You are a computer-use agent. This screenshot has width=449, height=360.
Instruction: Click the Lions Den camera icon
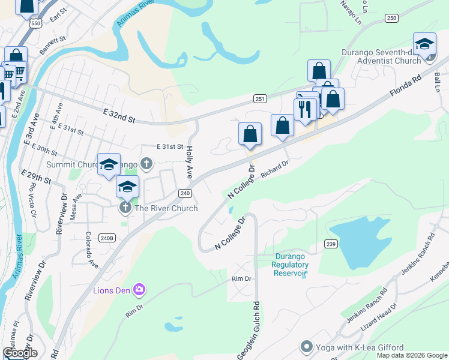139,290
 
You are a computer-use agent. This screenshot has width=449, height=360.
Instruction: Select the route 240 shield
184,193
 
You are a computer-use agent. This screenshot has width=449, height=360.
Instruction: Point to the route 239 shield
331,244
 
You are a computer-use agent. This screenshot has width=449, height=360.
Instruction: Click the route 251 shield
260,99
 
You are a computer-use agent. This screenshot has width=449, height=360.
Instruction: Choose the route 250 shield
392,19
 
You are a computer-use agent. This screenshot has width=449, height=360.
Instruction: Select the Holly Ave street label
189,160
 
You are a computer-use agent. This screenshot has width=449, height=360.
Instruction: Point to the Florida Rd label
406,86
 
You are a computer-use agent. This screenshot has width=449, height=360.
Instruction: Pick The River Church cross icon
125,208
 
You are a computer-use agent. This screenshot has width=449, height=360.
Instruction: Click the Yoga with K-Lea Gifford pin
307,347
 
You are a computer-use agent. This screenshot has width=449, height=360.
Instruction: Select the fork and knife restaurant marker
305,109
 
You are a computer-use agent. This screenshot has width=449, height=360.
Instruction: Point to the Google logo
19,353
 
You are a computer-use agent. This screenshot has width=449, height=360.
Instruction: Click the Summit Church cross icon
146,163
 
